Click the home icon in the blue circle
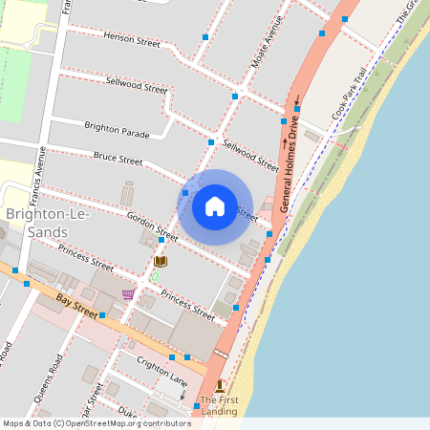click(x=215, y=206)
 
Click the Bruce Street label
click(x=118, y=158)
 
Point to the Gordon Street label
click(x=152, y=226)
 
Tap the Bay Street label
click(x=77, y=306)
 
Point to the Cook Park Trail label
click(x=349, y=94)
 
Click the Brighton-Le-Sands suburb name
click(x=50, y=224)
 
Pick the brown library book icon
click(x=161, y=261)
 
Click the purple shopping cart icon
click(x=128, y=294)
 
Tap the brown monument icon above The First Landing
click(x=219, y=384)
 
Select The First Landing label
click(x=218, y=404)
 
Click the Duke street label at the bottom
click(x=127, y=413)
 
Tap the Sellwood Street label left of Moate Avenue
click(x=137, y=86)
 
